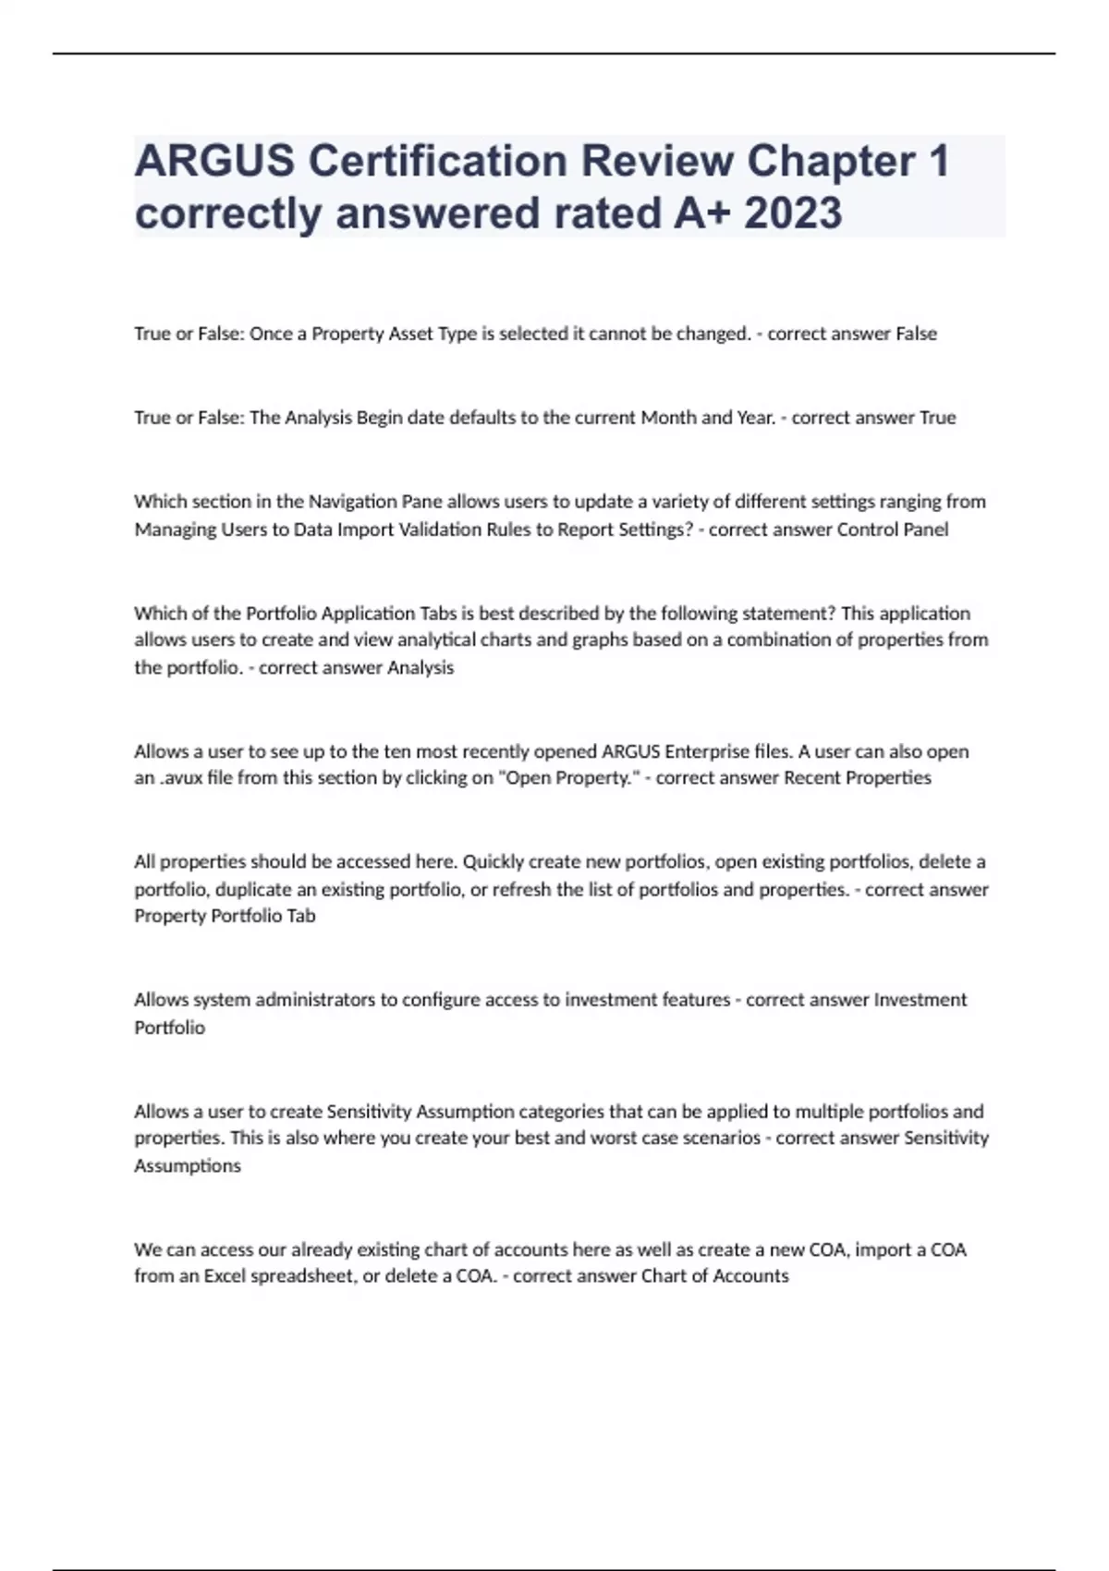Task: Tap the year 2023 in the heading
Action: pos(793,213)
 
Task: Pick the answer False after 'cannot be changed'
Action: pos(916,334)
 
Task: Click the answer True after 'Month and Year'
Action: pos(937,418)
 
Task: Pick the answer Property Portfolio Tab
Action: pos(225,916)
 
